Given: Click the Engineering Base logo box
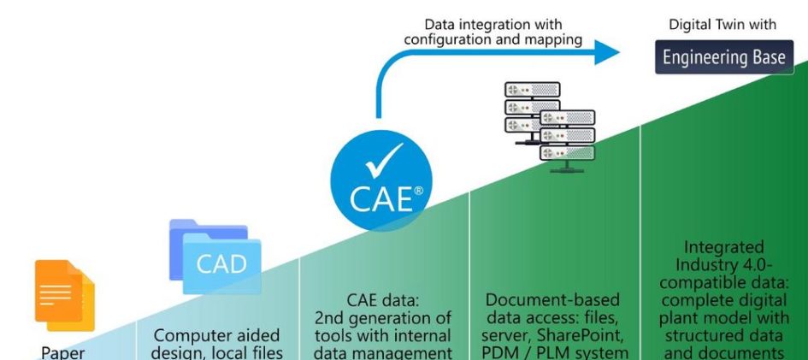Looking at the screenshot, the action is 724,57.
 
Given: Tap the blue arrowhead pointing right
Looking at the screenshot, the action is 606,51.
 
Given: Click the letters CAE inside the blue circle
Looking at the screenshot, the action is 381,200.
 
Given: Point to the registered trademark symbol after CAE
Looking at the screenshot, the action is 418,191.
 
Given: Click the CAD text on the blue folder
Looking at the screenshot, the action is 221,264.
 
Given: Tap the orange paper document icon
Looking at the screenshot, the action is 64,295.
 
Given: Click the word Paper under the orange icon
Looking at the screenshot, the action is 63,353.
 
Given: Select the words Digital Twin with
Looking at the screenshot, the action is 722,24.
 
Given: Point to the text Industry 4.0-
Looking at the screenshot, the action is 724,265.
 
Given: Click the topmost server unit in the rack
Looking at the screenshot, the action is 532,90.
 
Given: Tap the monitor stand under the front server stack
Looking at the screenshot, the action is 567,167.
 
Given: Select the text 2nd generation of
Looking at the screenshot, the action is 383,318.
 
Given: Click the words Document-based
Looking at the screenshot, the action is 553,300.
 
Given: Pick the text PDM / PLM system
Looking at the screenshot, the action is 554,353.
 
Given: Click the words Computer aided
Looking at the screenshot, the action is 217,336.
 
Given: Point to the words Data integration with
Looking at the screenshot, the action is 493,24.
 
